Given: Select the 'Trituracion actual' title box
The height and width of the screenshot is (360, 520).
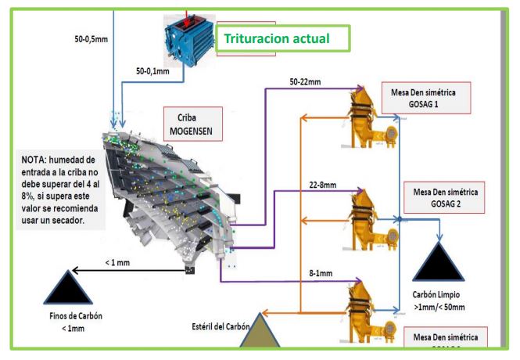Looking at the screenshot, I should tap(276, 38).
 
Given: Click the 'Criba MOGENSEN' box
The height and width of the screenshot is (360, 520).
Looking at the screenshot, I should tap(192, 125).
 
